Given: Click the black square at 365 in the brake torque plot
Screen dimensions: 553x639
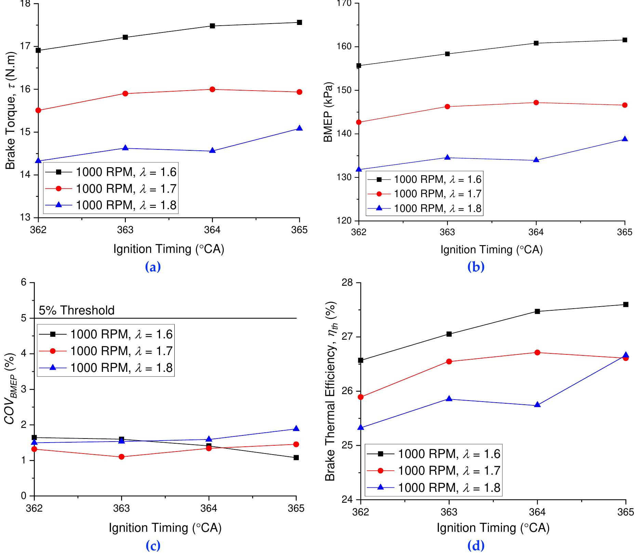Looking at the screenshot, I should click(299, 23).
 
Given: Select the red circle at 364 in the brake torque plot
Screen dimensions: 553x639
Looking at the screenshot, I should click(212, 89).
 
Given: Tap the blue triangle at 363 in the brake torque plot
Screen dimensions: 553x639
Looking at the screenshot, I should click(125, 148).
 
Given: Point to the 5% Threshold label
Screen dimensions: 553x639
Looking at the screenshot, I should click(77, 310).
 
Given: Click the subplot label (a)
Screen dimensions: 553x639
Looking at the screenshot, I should click(153, 267).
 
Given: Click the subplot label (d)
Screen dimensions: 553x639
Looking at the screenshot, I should click(476, 545).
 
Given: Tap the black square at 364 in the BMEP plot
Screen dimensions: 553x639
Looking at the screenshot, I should click(536, 43).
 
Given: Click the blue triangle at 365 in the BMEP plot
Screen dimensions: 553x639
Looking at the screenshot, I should click(625, 139).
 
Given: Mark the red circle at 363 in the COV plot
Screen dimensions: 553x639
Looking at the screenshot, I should click(121, 457).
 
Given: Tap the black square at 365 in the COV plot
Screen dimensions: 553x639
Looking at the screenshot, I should click(296, 458).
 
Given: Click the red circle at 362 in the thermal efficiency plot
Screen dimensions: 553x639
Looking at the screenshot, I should click(360, 397).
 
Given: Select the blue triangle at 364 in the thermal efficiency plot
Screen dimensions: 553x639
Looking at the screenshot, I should click(537, 405).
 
